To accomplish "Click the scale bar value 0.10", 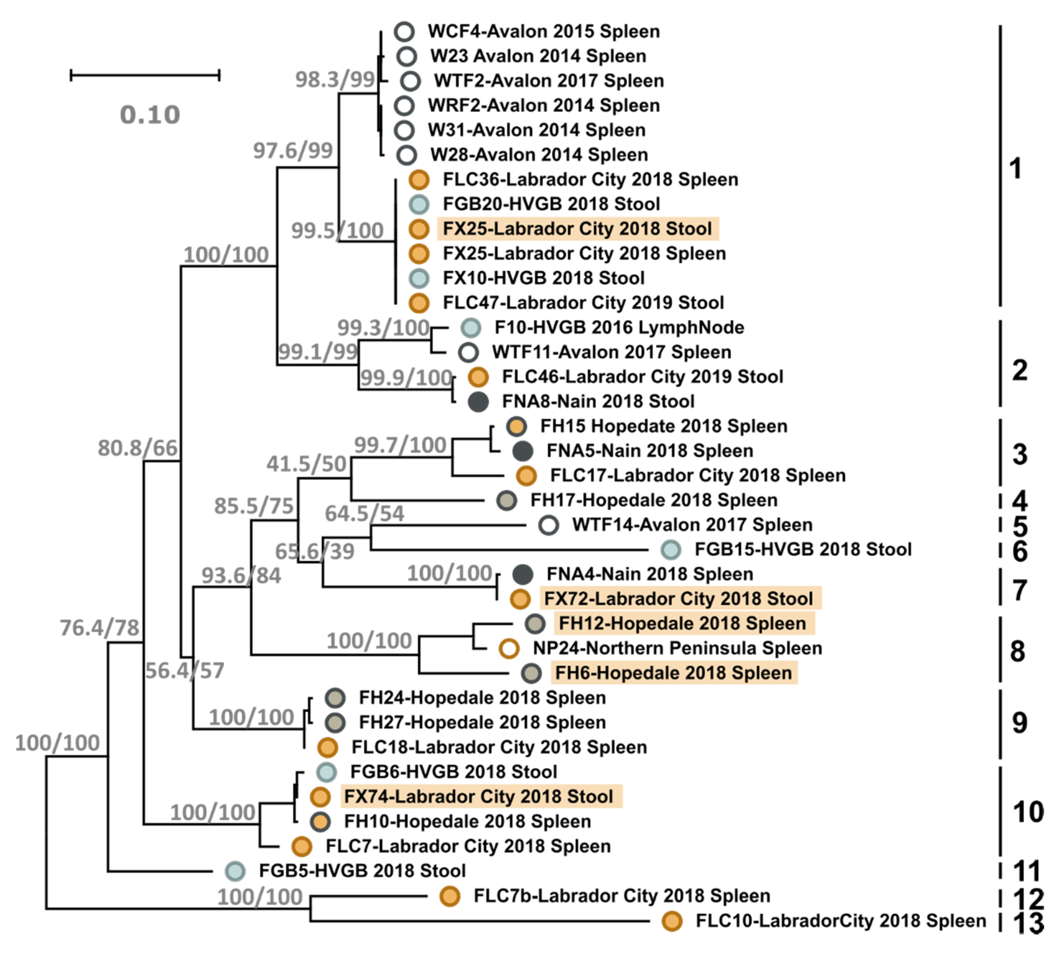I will tap(150, 115).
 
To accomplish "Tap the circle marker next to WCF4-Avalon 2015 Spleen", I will tap(404, 31).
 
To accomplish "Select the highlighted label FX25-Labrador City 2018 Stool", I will tap(577, 229).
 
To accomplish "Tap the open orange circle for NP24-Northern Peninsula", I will tap(508, 648).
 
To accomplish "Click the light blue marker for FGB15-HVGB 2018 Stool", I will tap(671, 550).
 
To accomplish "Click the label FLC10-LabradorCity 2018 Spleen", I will tap(840, 921).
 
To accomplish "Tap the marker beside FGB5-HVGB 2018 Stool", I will tap(235, 871).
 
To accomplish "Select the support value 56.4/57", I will tap(185, 670).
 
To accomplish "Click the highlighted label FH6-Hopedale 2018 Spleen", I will tap(674, 673).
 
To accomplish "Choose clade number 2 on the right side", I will tap(1019, 371).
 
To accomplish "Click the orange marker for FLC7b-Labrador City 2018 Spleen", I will tap(450, 896).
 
